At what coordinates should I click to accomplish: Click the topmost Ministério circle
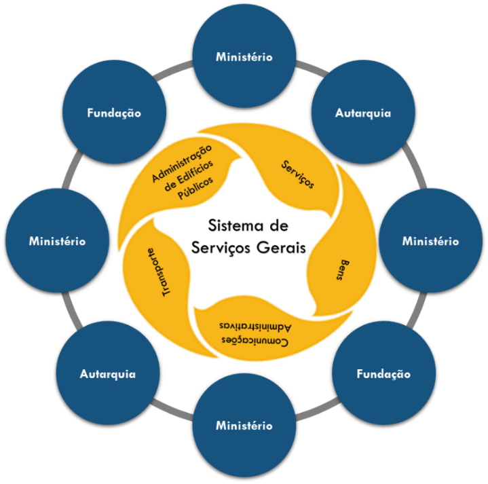(x=244, y=57)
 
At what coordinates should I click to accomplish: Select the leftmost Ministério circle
(x=57, y=241)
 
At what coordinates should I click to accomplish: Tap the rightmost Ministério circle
(x=430, y=241)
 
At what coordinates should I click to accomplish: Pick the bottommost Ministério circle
(x=244, y=426)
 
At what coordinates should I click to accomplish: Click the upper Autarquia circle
(x=362, y=113)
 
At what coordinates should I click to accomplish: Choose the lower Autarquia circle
(x=108, y=373)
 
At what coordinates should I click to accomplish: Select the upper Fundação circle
(x=114, y=113)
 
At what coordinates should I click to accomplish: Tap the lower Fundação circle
(x=383, y=373)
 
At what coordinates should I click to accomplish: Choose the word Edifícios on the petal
(x=193, y=176)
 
